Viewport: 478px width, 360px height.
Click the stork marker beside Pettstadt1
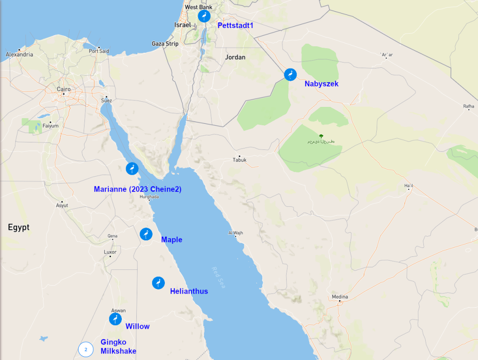coord(204,16)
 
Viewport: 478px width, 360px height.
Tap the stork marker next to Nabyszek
coord(290,74)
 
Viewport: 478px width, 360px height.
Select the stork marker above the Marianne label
coord(132,169)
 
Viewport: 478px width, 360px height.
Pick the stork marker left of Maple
coord(146,234)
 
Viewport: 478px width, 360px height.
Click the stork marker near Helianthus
coord(158,283)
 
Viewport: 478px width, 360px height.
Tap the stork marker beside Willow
coord(115,319)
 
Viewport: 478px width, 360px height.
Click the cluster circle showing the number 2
coord(86,349)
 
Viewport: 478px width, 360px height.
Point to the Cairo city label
coord(63,89)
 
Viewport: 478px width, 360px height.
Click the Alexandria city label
coord(20,55)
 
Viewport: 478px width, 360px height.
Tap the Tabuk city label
coord(239,160)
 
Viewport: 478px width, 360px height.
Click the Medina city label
coord(340,297)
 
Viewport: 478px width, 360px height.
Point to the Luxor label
coord(110,252)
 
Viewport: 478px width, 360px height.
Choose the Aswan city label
coord(118,311)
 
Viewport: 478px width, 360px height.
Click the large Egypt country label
coord(19,227)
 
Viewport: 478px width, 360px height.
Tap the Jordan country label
coord(235,57)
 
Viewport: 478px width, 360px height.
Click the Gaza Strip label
coord(165,44)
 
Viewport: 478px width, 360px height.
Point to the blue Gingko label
coord(113,342)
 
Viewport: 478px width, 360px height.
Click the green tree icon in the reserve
coord(321,136)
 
